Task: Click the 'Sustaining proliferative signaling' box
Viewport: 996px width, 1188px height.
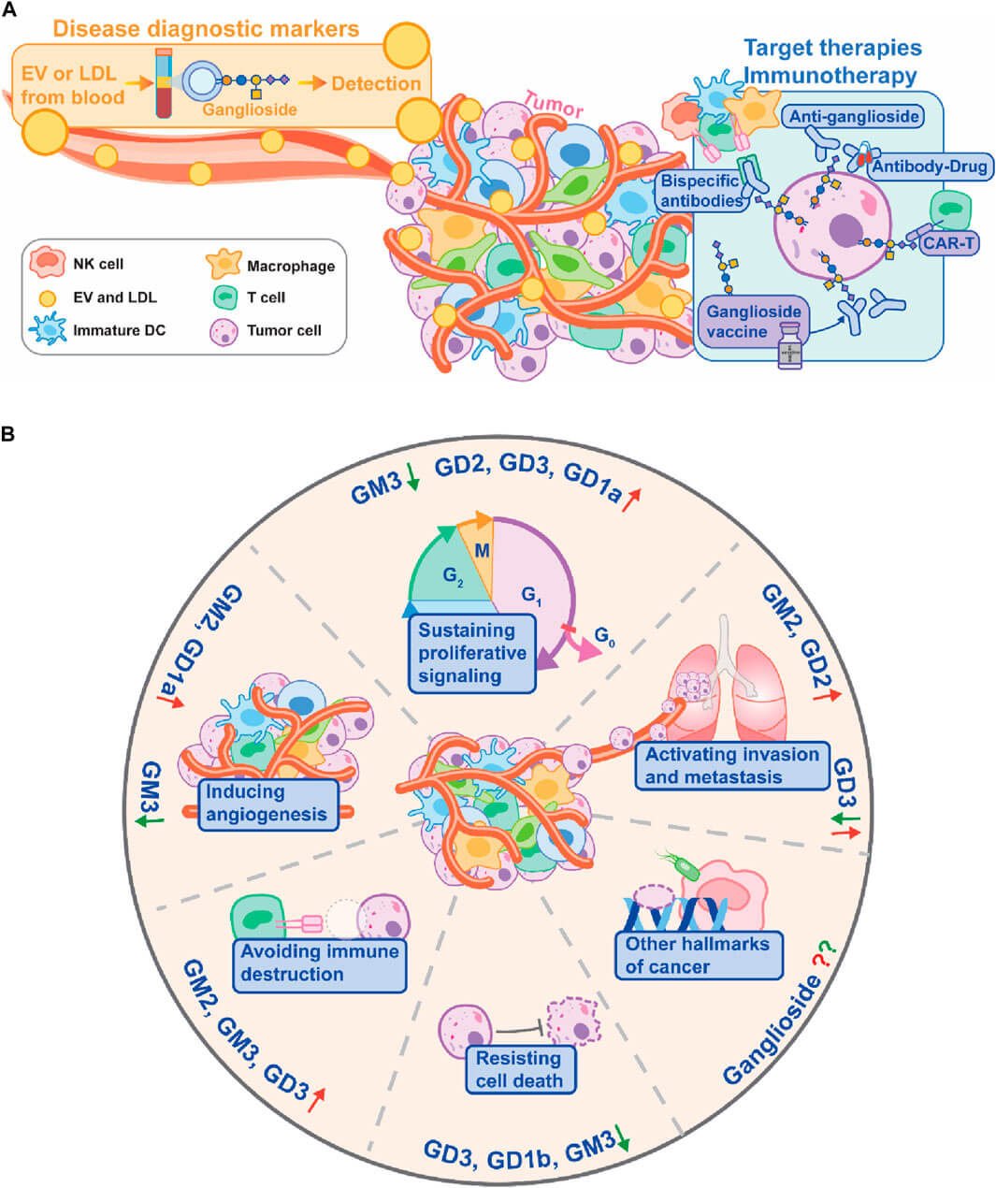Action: click(x=472, y=652)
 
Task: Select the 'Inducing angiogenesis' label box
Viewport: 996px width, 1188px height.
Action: click(x=266, y=803)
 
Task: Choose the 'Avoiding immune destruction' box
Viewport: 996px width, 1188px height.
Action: click(x=319, y=963)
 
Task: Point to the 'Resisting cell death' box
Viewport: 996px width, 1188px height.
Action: click(x=519, y=1069)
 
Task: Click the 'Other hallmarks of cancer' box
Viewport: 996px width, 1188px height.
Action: click(x=698, y=955)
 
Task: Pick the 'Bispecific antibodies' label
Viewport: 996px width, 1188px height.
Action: click(x=700, y=191)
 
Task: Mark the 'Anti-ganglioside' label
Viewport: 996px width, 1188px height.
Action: click(x=854, y=117)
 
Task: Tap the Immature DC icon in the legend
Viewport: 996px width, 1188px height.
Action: click(x=47, y=329)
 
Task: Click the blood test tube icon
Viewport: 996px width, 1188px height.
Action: click(x=164, y=84)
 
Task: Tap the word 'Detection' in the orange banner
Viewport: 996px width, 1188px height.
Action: click(x=376, y=83)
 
